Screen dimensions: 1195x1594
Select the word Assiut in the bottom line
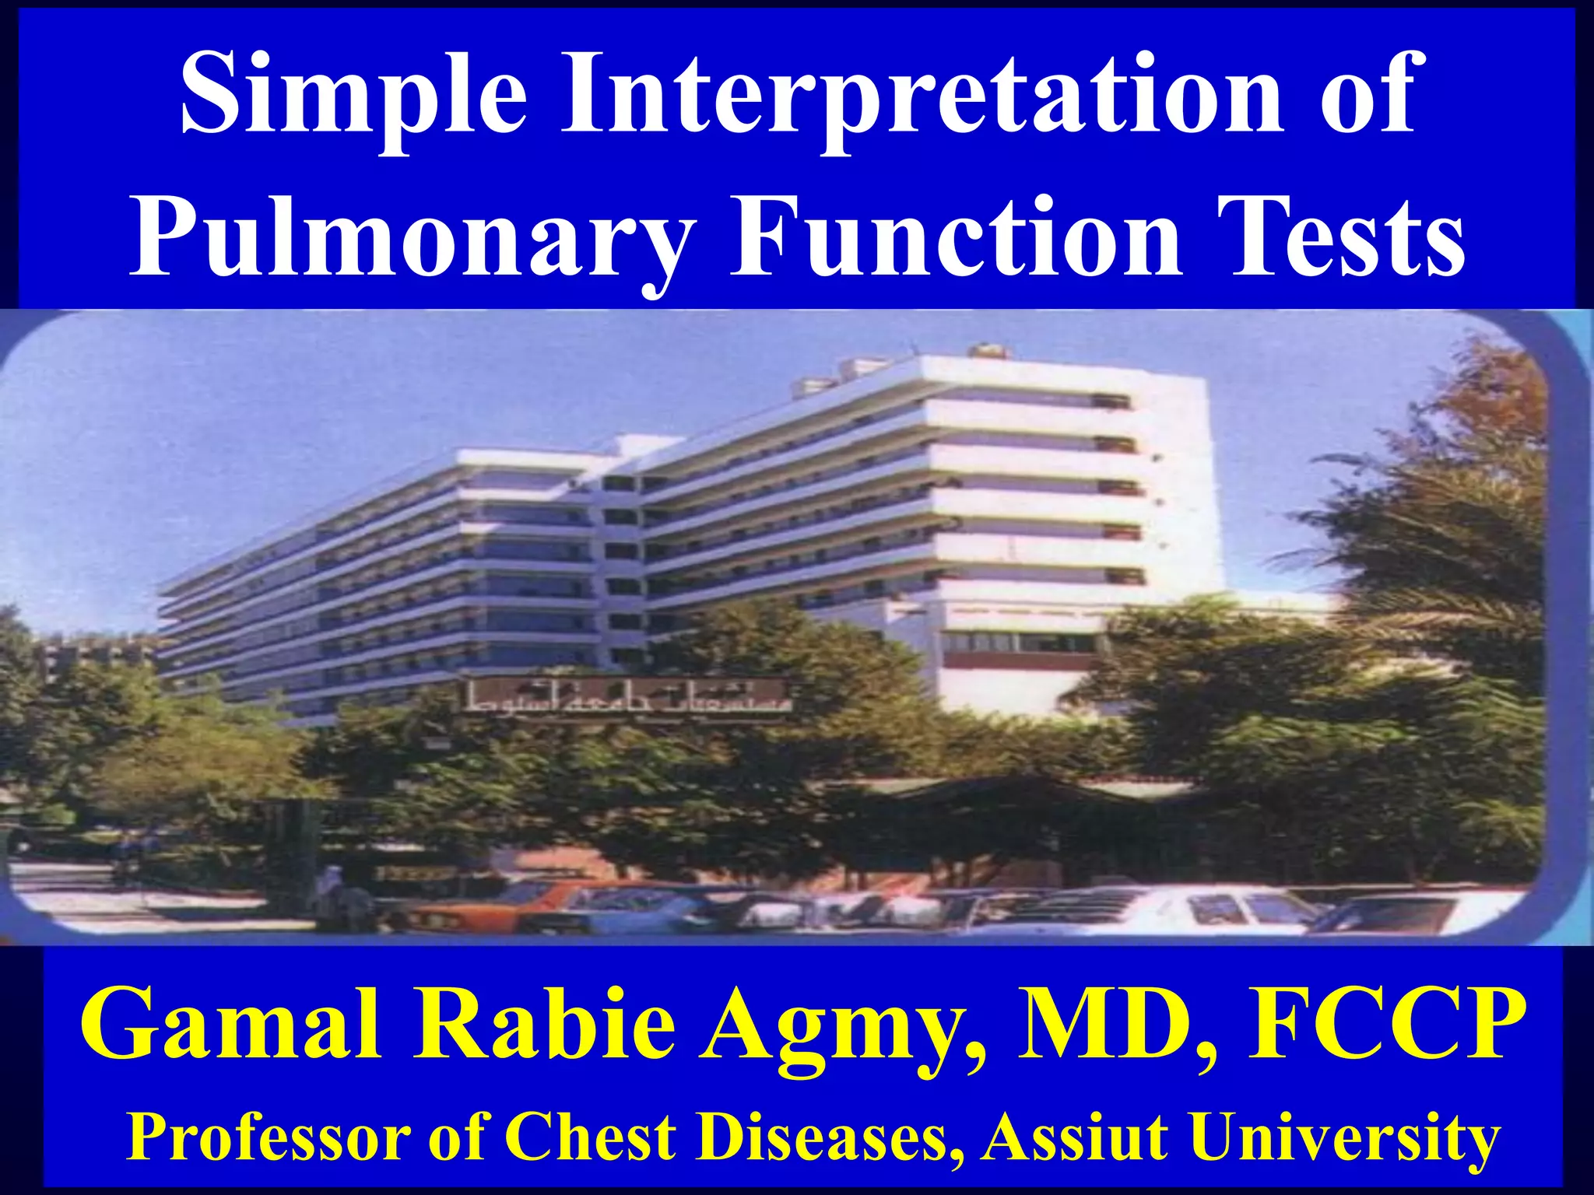(x=1079, y=1136)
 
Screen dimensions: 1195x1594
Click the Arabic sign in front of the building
(x=627, y=699)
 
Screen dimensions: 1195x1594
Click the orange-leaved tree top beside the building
(x=1479, y=389)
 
